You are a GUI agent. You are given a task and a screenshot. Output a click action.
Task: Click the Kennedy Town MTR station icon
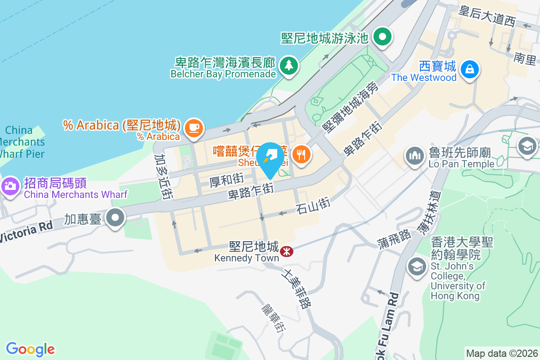point(286,251)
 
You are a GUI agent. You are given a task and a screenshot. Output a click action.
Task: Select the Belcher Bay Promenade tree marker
point(288,66)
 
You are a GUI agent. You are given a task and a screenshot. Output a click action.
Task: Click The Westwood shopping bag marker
point(470,69)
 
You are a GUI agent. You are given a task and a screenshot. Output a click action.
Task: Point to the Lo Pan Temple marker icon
point(414,155)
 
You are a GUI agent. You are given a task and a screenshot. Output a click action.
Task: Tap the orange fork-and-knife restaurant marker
point(300,155)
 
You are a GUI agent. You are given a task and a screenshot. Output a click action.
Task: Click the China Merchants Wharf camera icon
point(9,185)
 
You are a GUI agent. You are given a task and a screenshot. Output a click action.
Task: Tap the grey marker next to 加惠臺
point(115,218)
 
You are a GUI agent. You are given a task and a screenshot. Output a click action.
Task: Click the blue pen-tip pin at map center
point(270,158)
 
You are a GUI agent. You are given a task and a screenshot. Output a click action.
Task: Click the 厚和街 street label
point(227,181)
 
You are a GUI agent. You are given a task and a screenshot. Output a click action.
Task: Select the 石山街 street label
point(313,204)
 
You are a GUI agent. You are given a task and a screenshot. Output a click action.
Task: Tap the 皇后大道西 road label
point(487,17)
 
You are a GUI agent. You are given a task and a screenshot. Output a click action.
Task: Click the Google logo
point(31,349)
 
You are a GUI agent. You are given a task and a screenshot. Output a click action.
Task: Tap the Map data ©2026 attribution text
point(501,353)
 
